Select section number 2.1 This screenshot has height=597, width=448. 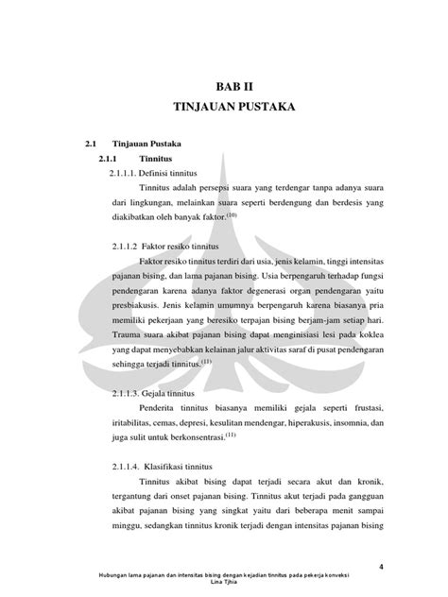90,145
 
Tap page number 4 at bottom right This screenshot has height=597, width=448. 380,566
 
